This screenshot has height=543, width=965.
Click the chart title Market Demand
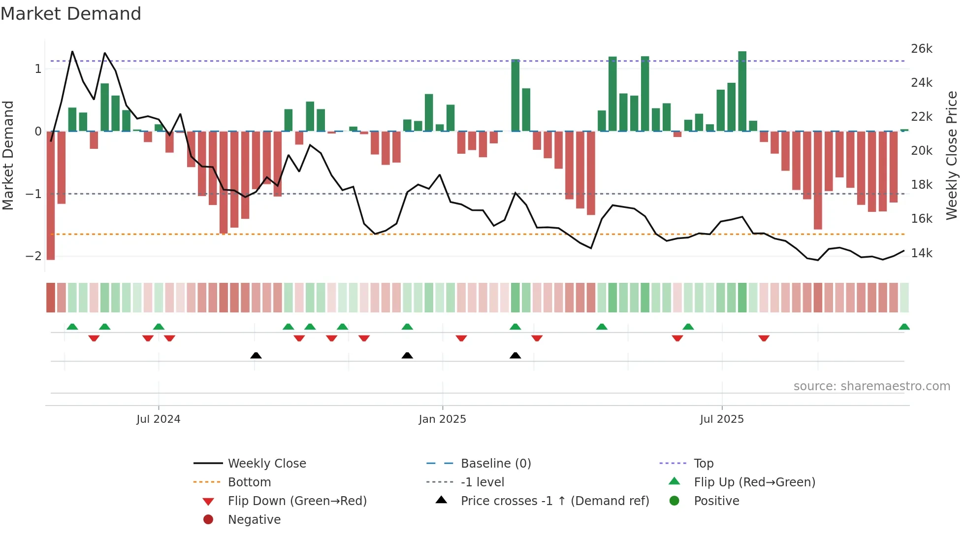point(71,14)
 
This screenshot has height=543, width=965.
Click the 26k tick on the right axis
point(921,49)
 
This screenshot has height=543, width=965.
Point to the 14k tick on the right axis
point(921,253)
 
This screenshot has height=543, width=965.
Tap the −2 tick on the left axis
point(33,256)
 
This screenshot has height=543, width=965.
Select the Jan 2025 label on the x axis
point(442,419)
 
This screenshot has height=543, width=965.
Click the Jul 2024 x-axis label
point(158,419)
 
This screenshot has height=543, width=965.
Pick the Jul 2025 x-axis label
point(721,419)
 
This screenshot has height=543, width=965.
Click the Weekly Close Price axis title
point(952,155)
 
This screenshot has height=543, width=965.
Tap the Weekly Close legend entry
point(266,463)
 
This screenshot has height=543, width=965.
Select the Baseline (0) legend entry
point(495,463)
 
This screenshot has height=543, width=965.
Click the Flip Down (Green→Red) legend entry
point(297,501)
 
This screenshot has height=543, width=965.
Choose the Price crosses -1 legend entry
point(554,501)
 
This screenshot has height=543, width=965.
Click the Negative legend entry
point(254,519)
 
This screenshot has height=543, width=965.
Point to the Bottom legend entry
point(249,482)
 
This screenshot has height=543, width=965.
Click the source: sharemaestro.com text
point(871,386)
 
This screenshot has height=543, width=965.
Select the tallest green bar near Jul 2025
point(742,91)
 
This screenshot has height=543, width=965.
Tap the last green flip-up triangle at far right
point(904,327)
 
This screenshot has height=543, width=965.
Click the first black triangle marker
point(256,355)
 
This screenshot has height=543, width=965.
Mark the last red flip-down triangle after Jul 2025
point(764,338)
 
